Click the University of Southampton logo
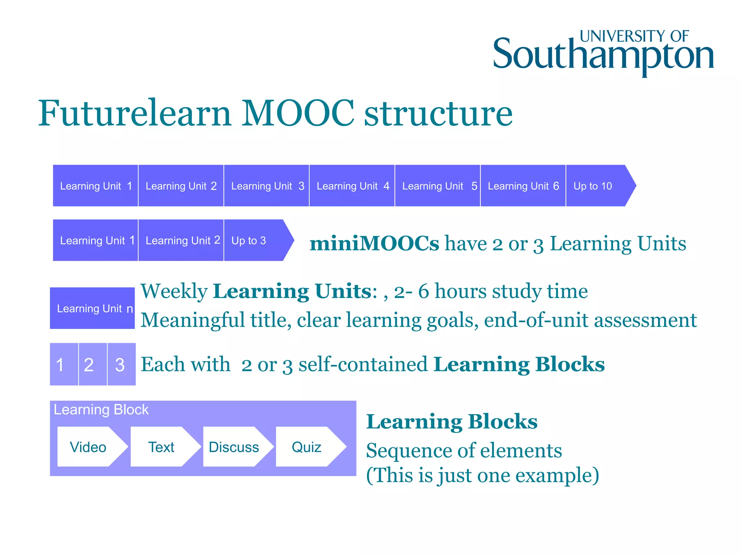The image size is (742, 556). coord(603,52)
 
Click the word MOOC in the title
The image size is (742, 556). coord(297,113)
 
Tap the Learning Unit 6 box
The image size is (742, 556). coord(523,186)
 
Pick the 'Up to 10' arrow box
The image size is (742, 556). coord(598,186)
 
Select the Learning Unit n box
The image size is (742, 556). coord(93,308)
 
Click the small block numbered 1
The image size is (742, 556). coord(64,364)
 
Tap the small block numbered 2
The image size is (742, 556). coord(92,364)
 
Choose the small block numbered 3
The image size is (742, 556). coord(121,364)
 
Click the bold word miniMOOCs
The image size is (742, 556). coord(374,243)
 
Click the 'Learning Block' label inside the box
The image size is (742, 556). coord(101,410)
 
